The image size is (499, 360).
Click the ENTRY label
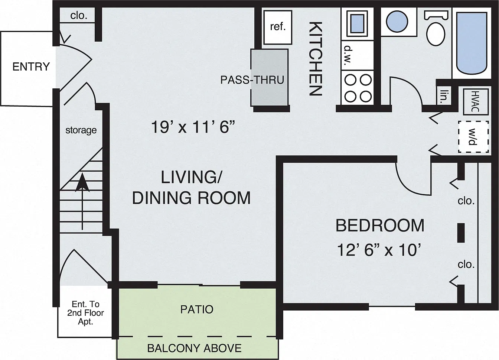point(31,67)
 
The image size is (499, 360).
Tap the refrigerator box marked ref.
point(278,27)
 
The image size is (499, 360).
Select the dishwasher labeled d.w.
point(357,55)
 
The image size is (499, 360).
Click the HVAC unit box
point(476,102)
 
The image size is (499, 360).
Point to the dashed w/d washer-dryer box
point(473,137)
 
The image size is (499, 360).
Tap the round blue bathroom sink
point(397,22)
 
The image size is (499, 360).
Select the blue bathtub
point(472,43)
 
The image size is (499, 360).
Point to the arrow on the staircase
point(82,201)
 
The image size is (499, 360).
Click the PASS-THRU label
point(252,80)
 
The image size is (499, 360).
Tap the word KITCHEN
point(316,59)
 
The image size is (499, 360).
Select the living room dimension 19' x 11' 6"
point(193,127)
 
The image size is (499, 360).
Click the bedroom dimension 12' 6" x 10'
point(379,250)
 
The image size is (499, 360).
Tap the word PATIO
point(197,309)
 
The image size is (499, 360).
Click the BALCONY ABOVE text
point(195,348)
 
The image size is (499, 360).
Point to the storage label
point(81,130)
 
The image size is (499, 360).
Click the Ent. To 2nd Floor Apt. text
point(85,313)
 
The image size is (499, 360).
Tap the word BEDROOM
point(380,226)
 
